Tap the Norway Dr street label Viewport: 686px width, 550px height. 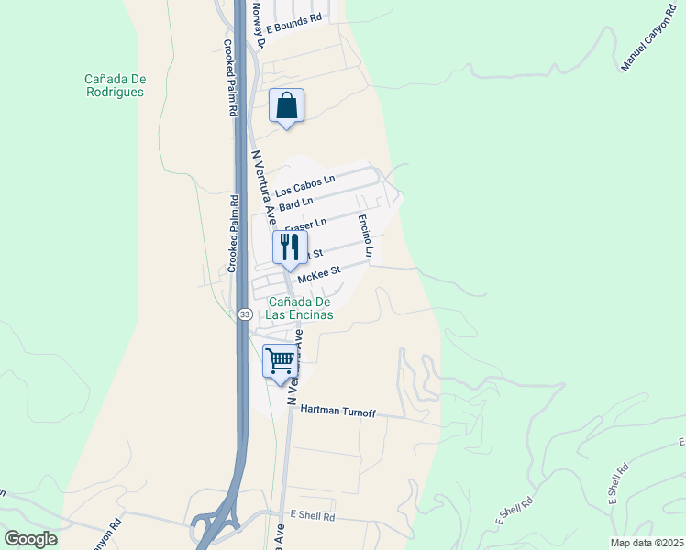(259, 23)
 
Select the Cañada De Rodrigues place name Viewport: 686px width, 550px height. (115, 85)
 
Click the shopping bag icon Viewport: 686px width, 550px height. (286, 106)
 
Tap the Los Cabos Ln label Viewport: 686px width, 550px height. (305, 185)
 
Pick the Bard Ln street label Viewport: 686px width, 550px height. (296, 203)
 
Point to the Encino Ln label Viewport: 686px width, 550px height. (366, 236)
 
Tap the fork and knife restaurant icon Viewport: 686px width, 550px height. (289, 247)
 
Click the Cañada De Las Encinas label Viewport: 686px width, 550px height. (298, 308)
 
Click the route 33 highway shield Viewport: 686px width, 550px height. (244, 314)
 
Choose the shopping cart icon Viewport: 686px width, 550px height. (280, 360)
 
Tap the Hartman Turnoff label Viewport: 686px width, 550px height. (338, 412)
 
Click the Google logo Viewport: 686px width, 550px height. (30, 539)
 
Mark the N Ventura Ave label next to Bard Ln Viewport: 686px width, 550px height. (264, 189)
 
